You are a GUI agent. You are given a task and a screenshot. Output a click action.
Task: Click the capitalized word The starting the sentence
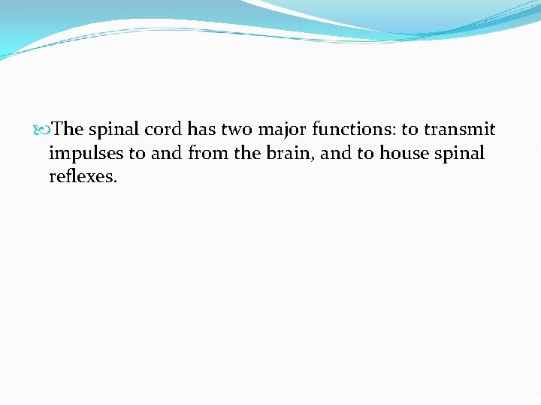69,129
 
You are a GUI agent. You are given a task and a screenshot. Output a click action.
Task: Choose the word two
237,129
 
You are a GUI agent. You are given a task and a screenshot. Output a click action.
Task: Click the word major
282,130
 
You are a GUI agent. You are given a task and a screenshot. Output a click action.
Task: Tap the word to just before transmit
410,129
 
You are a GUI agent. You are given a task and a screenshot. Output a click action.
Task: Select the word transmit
460,129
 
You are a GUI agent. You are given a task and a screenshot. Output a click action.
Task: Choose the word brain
285,154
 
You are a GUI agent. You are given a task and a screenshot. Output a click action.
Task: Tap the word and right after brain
335,154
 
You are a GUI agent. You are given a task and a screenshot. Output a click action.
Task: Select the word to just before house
367,154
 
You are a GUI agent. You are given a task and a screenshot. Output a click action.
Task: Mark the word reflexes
83,178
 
